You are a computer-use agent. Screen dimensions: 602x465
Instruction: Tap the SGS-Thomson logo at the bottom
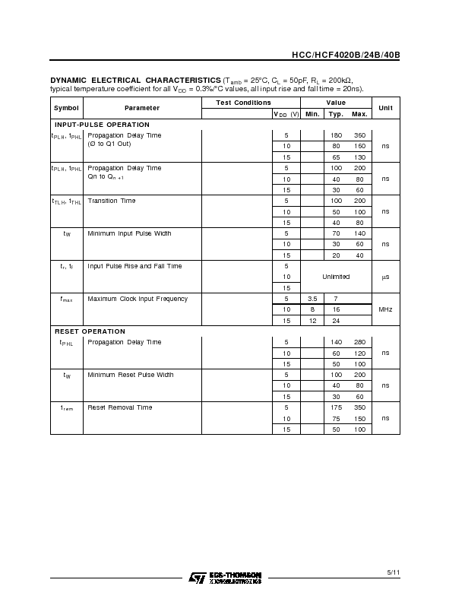click(225, 578)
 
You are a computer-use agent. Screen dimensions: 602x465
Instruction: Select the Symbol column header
click(66, 108)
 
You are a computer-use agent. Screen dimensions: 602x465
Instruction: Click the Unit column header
click(385, 108)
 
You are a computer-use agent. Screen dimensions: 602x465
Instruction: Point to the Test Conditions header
click(243, 103)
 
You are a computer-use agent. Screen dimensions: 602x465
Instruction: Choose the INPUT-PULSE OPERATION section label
click(102, 124)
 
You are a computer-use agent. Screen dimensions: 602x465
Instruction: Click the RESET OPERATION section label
click(90, 331)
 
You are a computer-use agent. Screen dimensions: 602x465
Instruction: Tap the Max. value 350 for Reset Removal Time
click(359, 407)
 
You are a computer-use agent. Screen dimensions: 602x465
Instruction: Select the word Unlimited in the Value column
click(336, 277)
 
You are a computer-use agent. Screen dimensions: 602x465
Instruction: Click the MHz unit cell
click(385, 310)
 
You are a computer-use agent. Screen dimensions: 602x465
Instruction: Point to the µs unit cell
click(385, 277)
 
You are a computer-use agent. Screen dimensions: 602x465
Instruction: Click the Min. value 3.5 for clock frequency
click(312, 299)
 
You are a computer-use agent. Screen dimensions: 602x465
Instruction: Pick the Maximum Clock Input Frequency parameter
click(138, 299)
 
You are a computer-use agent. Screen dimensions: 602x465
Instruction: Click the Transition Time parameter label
click(112, 201)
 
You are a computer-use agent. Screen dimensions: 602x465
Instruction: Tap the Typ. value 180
click(336, 135)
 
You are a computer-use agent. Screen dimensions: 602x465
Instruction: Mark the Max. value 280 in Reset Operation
click(359, 342)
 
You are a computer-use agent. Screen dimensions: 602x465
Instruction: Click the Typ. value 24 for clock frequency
click(336, 321)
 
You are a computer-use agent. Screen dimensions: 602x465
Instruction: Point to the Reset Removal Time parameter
click(119, 407)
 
